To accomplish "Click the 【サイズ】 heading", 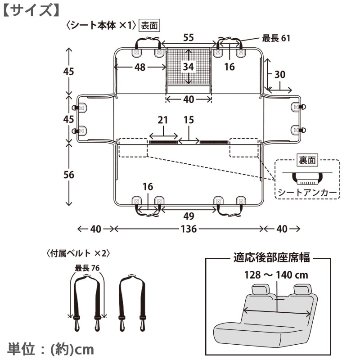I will [x=31, y=10].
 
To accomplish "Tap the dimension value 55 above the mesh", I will [x=189, y=38].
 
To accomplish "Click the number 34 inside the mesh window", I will [x=189, y=67].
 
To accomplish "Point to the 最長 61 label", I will [x=276, y=38].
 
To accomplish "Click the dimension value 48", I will [x=140, y=67].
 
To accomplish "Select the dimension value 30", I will [x=280, y=75].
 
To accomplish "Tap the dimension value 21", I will [x=163, y=120].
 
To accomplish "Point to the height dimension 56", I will [x=69, y=175].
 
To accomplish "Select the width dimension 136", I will [x=189, y=229].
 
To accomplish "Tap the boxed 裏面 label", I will [x=307, y=161].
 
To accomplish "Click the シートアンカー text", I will [x=307, y=193].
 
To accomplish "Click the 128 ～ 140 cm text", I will [x=276, y=275].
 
